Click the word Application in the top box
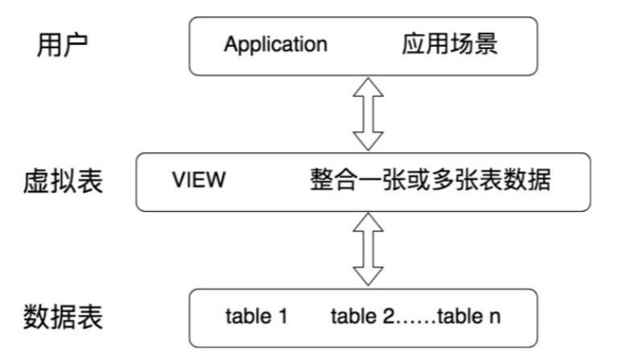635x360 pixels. pos(275,44)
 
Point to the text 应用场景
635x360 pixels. pos(449,43)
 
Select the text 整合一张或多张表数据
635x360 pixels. pos(430,180)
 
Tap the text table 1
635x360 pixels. pos(256,317)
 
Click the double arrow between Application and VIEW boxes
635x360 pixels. pos(369,112)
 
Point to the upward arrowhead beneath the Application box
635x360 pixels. pos(369,86)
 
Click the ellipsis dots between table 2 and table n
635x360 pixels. pos(415,321)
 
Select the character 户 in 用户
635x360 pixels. pos(73,45)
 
